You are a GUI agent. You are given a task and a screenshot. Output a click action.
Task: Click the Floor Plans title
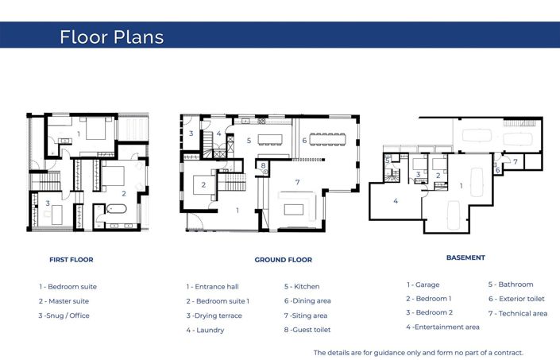111,37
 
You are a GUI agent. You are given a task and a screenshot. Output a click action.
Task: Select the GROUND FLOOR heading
283,260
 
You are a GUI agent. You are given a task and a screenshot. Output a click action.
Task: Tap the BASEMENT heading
465,257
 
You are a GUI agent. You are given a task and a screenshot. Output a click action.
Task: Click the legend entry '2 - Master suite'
64,301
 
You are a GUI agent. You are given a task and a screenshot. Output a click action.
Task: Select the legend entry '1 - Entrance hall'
212,286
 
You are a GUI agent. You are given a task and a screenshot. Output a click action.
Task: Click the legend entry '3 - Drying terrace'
214,315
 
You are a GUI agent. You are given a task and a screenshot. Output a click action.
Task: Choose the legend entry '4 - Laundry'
205,330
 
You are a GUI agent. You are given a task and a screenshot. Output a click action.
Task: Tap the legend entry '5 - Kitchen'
302,286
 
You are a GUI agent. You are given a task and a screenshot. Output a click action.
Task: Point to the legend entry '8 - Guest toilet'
307,330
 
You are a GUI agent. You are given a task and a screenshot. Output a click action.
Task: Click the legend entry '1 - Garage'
424,285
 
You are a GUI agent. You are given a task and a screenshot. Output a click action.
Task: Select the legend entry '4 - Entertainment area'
442,327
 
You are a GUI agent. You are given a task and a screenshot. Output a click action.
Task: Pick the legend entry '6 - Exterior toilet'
516,299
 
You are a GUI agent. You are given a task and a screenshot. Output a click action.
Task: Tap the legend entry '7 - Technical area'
517,313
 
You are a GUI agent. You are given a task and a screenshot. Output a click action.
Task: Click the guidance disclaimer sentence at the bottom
419,352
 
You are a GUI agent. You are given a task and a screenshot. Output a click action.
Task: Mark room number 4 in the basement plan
395,201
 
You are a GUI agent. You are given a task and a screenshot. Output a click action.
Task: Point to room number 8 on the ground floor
263,165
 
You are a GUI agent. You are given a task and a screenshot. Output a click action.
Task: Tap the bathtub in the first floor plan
117,211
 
